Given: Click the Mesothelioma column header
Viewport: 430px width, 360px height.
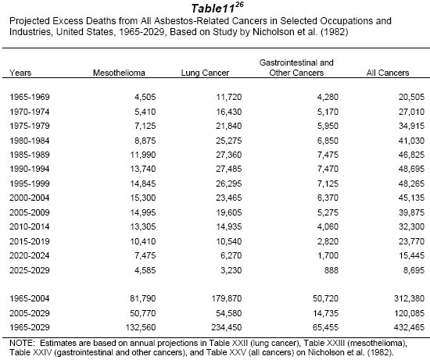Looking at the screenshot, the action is point(119,73).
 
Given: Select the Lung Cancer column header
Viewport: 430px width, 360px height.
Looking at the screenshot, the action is point(205,73).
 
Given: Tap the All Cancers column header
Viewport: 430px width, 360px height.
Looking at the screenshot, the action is point(388,73).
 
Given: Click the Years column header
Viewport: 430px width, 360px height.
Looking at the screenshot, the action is point(20,73).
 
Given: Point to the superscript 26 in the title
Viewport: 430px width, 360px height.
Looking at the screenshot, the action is point(239,5).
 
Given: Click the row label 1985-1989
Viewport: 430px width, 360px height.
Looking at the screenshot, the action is point(30,155).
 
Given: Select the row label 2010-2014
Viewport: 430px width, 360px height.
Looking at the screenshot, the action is point(30,226).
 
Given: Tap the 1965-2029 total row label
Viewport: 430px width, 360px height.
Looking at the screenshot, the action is point(30,327).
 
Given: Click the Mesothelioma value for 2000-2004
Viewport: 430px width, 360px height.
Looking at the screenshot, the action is point(143,198).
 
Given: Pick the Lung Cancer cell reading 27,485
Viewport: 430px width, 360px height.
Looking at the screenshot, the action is point(229,169).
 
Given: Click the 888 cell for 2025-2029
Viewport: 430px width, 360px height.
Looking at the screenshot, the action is point(331,270).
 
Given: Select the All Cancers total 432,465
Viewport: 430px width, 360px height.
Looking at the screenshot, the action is point(409,327).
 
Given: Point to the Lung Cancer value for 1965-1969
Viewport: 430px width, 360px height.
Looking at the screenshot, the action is point(229,97).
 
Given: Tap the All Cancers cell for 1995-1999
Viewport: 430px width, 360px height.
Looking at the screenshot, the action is point(411,184).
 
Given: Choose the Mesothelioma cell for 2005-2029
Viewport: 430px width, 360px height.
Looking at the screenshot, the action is point(143,313).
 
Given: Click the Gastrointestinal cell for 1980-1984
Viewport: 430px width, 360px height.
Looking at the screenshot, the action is point(328,141).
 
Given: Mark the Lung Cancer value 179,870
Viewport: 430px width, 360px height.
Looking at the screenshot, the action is point(227,298).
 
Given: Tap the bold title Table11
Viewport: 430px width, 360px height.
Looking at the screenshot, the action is point(213,9).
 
